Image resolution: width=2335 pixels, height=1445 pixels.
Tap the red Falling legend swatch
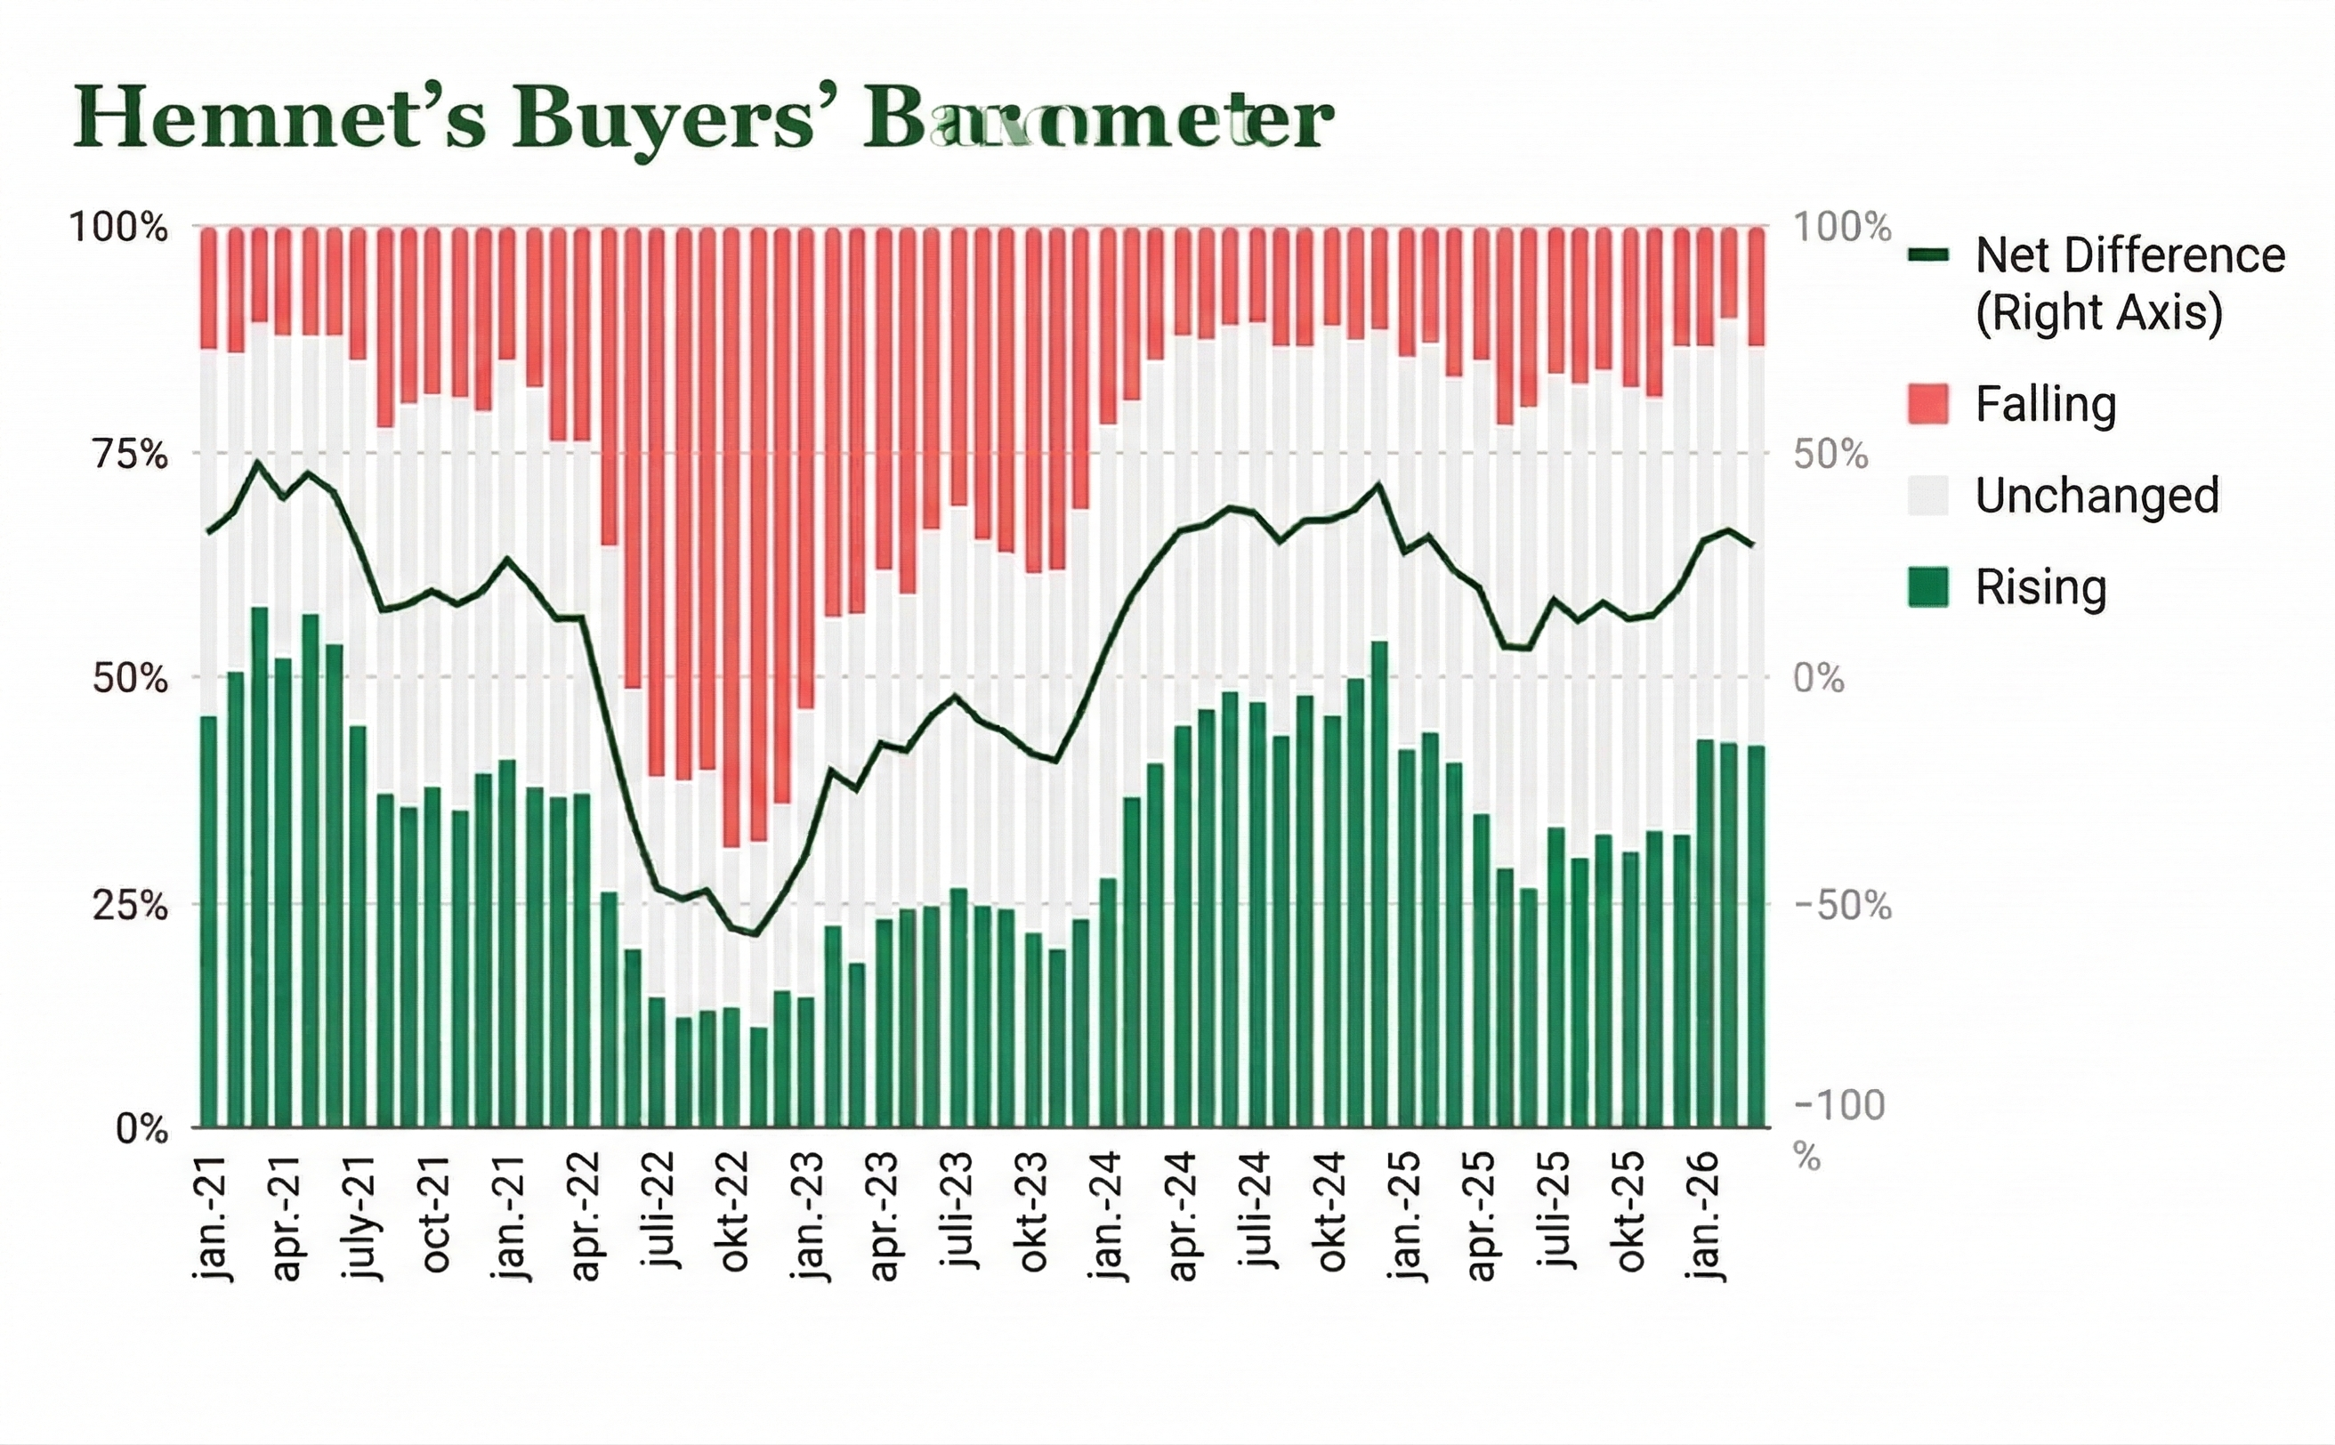[x=1927, y=403]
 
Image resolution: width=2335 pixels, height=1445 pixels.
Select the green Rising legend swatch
[x=1927, y=586]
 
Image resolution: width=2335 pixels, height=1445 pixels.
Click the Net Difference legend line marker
[x=1927, y=255]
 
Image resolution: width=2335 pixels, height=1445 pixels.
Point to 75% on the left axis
[x=130, y=454]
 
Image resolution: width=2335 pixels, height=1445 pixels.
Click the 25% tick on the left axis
[x=130, y=904]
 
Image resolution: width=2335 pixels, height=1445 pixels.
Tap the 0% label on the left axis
[x=141, y=1128]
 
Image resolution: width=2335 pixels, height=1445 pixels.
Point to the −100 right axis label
[x=1839, y=1106]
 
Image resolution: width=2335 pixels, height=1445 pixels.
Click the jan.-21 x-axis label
[x=212, y=1216]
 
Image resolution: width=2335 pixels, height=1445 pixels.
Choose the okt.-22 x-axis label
[x=735, y=1212]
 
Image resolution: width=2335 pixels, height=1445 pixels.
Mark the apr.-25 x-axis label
[x=1482, y=1216]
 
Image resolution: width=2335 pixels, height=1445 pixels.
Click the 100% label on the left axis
[x=118, y=229]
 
